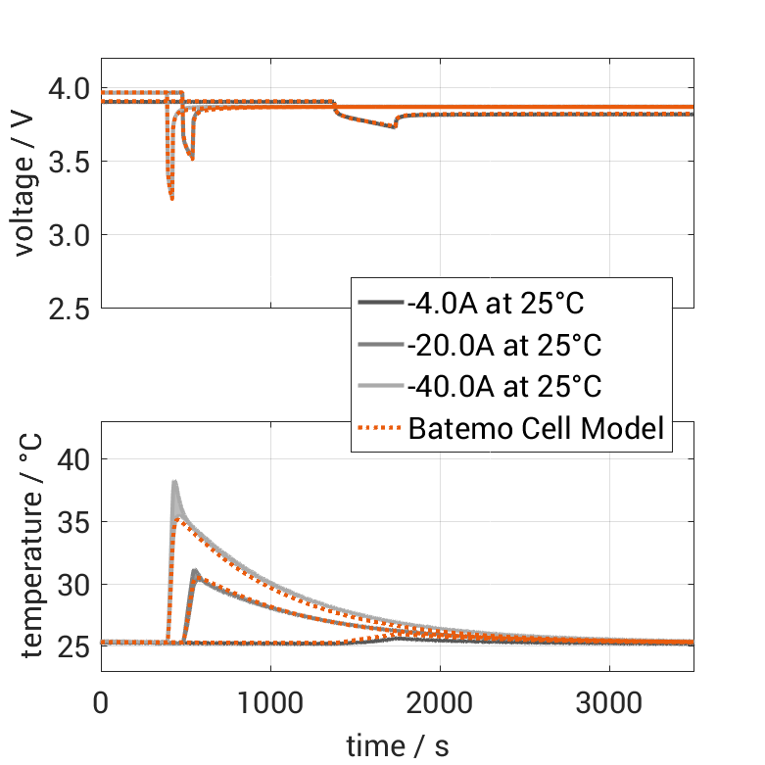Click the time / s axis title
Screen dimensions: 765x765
tap(398, 746)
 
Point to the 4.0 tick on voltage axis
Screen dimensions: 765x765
tap(68, 89)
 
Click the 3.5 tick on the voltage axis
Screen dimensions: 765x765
tap(68, 162)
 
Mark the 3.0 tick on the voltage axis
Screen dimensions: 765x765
tap(68, 235)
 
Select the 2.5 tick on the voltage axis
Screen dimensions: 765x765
tap(68, 309)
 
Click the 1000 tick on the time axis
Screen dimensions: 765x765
tap(270, 703)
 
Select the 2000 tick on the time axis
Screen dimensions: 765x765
tap(440, 703)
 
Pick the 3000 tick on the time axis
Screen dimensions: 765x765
tap(609, 703)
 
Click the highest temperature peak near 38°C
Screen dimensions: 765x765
tap(174, 482)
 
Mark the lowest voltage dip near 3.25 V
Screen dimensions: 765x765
tap(171, 199)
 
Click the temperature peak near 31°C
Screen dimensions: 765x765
tap(195, 571)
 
